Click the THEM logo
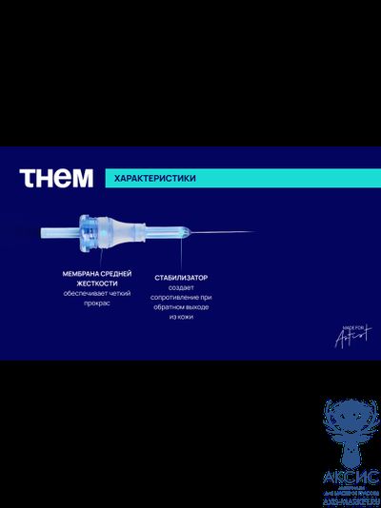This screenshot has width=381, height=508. (57, 178)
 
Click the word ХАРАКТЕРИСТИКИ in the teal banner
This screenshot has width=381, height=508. (143, 178)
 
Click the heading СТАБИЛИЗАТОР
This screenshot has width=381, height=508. (181, 278)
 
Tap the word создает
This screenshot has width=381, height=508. (181, 288)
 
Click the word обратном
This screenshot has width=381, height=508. (169, 309)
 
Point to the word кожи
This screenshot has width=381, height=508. (186, 320)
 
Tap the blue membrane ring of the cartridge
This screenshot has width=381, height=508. (91, 232)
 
